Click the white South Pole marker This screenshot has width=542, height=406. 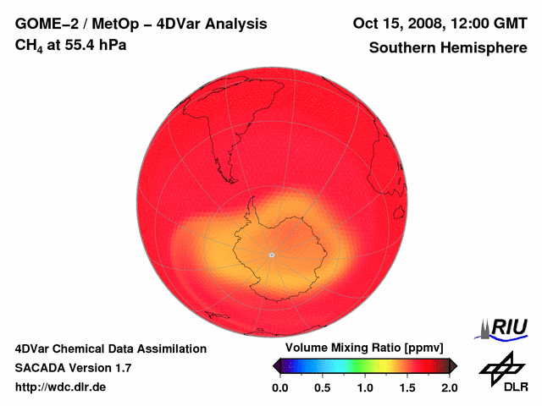coord(271,254)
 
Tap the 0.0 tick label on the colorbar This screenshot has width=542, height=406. coord(279,387)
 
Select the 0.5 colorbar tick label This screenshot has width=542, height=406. coord(322,387)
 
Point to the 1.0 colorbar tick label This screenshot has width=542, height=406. coord(365,387)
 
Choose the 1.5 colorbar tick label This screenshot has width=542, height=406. coord(407,387)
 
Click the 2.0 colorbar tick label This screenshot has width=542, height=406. coord(449,387)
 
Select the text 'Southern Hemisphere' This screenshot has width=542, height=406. coord(448,47)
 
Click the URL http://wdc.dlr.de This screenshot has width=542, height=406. coord(61,387)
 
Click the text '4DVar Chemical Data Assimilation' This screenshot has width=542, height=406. coord(110,348)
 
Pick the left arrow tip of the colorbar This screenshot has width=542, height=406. coord(274,365)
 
